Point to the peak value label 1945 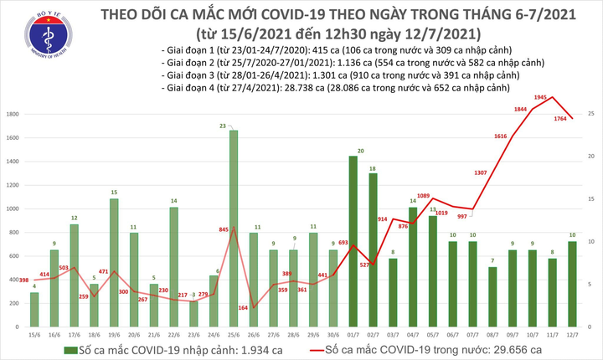coord(540,99)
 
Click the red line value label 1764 coord(558,130)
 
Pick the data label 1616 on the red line coord(501,136)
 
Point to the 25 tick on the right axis coord(590,113)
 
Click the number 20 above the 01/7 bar coord(360,151)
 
